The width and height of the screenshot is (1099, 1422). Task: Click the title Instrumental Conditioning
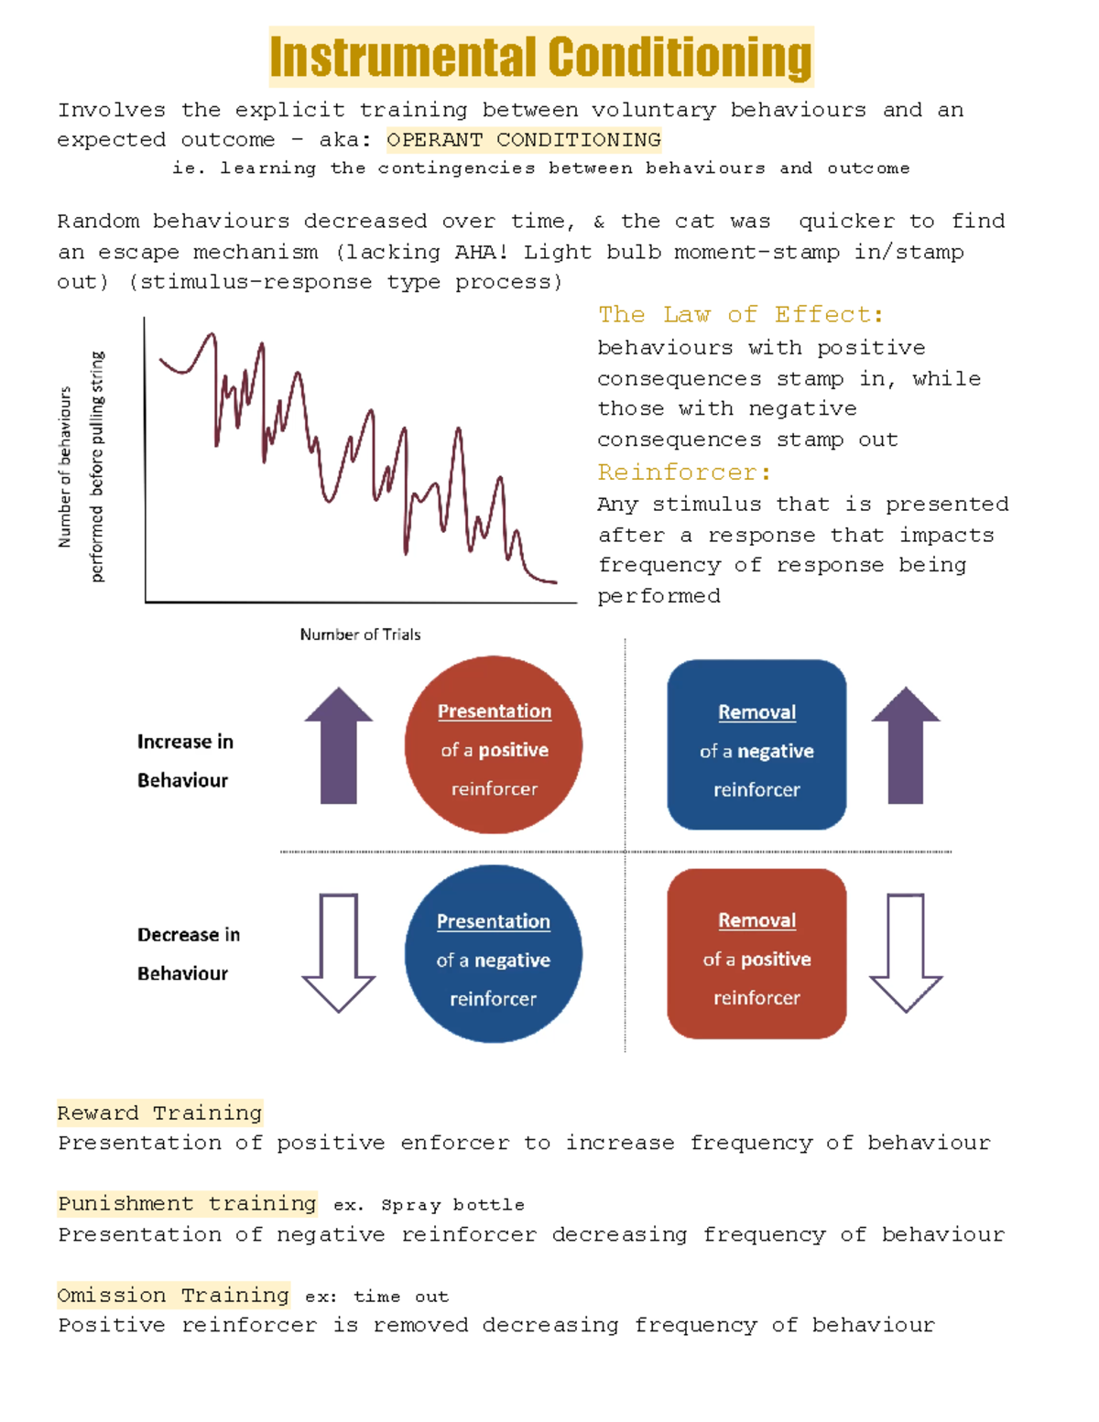[x=541, y=57]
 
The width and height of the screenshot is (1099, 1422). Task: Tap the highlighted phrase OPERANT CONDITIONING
[x=524, y=140]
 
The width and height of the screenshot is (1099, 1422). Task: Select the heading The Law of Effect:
[x=741, y=315]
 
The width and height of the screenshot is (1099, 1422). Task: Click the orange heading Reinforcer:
[x=684, y=472]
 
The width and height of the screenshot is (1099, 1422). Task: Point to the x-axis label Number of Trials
[x=360, y=635]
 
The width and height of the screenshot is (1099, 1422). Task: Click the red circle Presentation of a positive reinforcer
[x=494, y=745]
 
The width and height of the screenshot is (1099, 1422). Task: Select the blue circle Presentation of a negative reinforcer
[x=494, y=954]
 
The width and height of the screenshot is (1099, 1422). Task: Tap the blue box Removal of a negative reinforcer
[x=756, y=745]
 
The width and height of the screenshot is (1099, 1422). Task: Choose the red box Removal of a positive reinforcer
[x=756, y=954]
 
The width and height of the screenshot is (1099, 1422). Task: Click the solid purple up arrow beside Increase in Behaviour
[x=339, y=746]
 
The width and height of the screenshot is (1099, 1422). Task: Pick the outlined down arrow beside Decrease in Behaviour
[x=339, y=952]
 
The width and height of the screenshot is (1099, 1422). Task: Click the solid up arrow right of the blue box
[x=906, y=746]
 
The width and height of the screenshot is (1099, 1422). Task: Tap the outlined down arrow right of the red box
[x=906, y=952]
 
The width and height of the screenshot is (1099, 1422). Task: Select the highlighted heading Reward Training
[x=159, y=1113]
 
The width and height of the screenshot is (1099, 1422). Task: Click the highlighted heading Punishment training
[x=187, y=1204]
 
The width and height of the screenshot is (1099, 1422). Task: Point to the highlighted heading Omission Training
[x=173, y=1296]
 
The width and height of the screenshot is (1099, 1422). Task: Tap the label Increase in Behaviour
[x=185, y=761]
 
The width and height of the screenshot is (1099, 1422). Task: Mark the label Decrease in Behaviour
[x=189, y=954]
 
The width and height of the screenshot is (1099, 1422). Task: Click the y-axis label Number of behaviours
[x=65, y=467]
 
